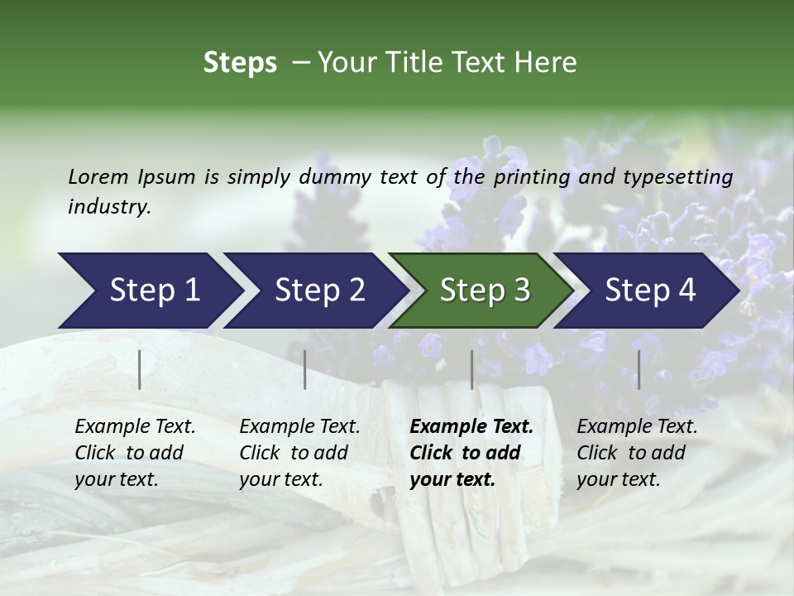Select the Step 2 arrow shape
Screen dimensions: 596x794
tap(314, 291)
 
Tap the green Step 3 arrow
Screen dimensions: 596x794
tap(480, 291)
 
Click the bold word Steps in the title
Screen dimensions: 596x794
tap(240, 63)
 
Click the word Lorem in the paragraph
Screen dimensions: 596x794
tap(98, 176)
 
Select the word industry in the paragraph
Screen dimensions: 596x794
tap(109, 207)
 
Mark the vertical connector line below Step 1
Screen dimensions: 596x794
tap(140, 369)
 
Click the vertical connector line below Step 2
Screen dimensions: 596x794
tap(305, 369)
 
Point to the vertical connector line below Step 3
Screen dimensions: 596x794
tap(471, 369)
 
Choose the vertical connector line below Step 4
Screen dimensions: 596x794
tap(639, 369)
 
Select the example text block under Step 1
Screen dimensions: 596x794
tap(135, 453)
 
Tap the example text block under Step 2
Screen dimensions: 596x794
tap(299, 453)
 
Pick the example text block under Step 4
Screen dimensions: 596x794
tap(637, 453)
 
